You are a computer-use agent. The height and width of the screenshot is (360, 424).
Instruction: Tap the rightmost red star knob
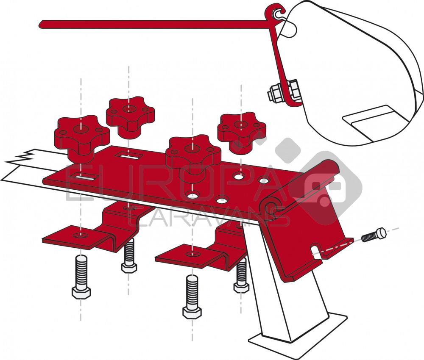240,129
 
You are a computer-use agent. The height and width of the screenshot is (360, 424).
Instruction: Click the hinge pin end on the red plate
270,206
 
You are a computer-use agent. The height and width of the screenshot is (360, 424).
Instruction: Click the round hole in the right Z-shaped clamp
193,254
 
